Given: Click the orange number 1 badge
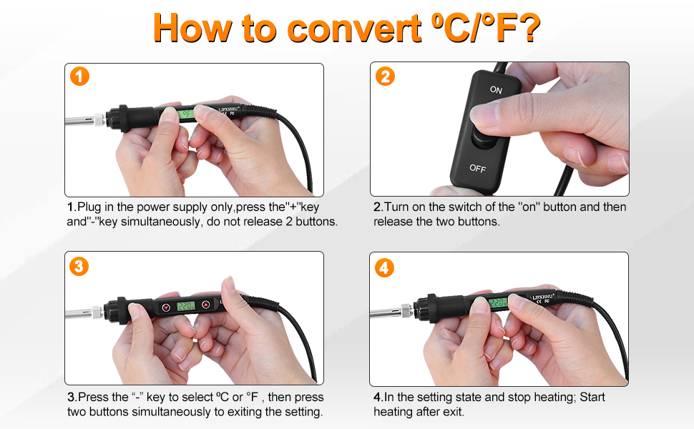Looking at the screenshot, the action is pos(79,77).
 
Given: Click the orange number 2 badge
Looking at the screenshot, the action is pos(385,77).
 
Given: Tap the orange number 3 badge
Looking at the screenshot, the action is pos(79,266).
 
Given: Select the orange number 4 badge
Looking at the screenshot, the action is pos(384,267).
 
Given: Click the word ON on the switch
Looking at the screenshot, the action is pos(496,90).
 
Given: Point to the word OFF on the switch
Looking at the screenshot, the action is pos(477,168).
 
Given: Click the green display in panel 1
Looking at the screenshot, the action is pos(186,114).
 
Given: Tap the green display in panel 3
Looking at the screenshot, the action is pos(186,305).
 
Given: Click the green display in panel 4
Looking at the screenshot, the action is pos(498,303).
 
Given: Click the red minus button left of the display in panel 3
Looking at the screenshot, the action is pos(166,307).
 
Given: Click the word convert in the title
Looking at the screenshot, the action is pos(354,29).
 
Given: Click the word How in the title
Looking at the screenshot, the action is pos(192,27).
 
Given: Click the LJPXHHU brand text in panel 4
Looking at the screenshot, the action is pos(543,296).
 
